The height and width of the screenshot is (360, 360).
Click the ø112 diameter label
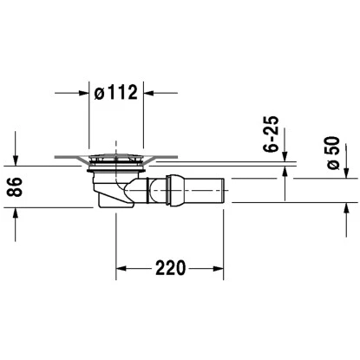tap(116, 92)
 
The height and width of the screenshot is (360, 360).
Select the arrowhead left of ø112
tap(83, 92)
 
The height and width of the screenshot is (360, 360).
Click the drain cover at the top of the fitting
tap(116, 159)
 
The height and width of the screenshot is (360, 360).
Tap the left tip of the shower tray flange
tap(55, 158)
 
